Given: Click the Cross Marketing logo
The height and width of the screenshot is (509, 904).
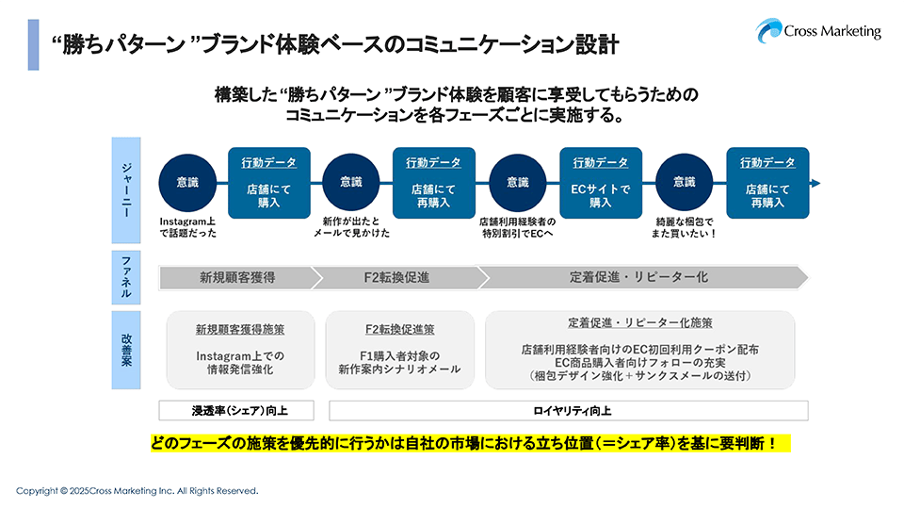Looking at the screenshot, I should (x=818, y=30).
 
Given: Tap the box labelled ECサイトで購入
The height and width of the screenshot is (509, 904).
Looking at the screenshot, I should (x=600, y=183).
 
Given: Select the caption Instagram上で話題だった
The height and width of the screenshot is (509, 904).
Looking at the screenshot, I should (x=188, y=226).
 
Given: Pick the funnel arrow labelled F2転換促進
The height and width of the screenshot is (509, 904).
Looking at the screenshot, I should (x=396, y=277).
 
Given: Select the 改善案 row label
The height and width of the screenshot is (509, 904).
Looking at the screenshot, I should (x=126, y=349).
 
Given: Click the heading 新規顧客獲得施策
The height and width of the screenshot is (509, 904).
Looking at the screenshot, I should (x=240, y=330).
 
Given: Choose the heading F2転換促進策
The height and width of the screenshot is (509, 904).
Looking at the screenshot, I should (x=399, y=330).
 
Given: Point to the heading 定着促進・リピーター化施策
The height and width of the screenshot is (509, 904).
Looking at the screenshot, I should (x=639, y=322).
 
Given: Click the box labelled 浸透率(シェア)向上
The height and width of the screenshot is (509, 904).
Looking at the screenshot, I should (x=239, y=411).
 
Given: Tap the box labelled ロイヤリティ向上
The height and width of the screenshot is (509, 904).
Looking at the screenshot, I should (x=568, y=411).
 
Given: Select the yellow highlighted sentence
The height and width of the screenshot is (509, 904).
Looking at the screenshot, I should (x=470, y=442).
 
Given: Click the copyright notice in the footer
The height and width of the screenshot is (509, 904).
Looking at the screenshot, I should (x=137, y=491).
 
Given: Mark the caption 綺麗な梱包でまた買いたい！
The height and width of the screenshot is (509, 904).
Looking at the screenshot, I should (x=686, y=226).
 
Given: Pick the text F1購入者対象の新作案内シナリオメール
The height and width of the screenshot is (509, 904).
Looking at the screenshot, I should (x=399, y=363).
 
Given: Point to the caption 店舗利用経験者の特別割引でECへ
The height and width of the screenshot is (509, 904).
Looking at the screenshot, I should (x=518, y=226).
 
